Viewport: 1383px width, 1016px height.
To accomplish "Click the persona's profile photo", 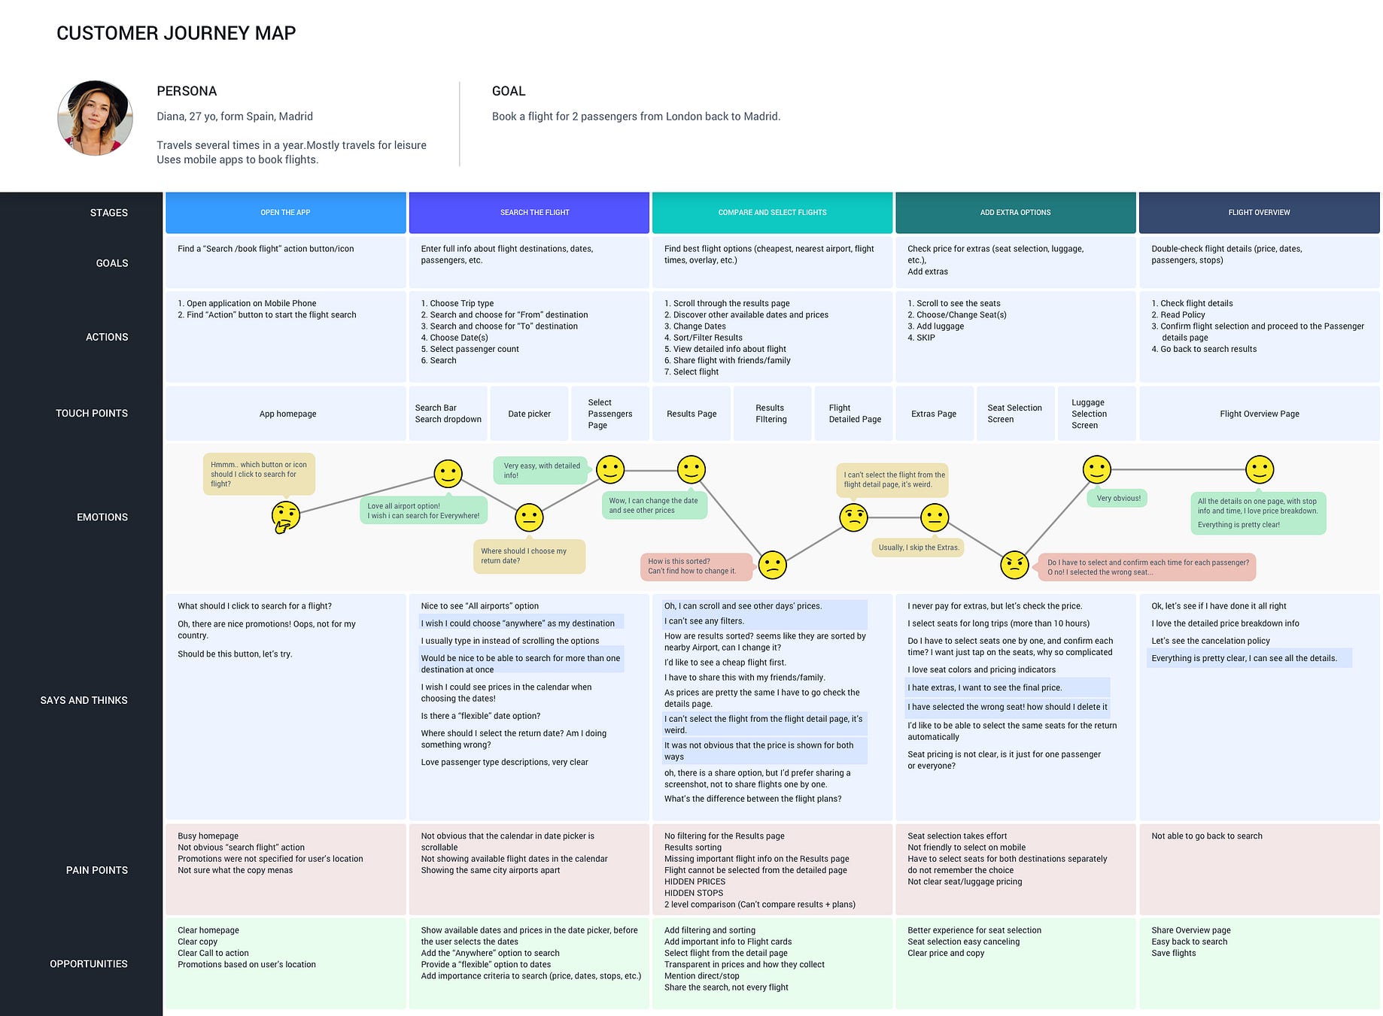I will [95, 118].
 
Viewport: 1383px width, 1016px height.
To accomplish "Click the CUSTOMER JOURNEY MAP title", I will [176, 33].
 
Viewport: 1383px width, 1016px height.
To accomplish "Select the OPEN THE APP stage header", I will [285, 213].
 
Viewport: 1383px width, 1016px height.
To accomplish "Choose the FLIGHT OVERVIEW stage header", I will [1259, 213].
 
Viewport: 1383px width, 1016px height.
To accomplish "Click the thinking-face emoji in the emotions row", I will [286, 517].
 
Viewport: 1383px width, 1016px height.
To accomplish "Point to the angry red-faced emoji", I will [1014, 565].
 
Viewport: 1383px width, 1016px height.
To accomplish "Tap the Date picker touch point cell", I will [529, 414].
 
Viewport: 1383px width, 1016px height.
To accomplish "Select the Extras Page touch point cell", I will [933, 414].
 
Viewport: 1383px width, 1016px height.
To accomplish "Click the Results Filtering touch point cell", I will [771, 414].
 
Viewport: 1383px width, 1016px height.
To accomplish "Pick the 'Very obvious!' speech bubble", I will [1117, 498].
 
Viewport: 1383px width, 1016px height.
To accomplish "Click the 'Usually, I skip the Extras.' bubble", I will [918, 547].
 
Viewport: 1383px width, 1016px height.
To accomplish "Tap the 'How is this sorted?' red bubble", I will [696, 566].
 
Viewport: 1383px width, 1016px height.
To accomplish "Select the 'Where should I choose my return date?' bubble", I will [528, 556].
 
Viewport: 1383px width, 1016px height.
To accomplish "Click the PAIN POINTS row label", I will [96, 870].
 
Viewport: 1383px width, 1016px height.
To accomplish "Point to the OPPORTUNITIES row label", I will [88, 964].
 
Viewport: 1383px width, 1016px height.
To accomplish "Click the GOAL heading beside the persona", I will [509, 91].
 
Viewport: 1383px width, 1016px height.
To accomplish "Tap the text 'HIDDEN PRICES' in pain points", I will [695, 881].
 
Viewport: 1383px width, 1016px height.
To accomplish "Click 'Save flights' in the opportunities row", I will [1173, 953].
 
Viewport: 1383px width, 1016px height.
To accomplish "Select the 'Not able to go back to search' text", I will [1206, 836].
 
